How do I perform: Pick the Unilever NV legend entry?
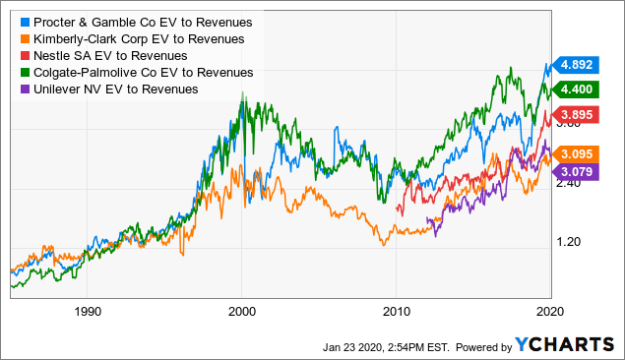[113, 89]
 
